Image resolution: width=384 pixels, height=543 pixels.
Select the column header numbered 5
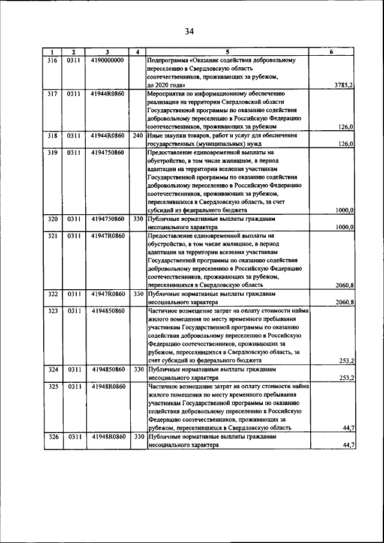click(x=227, y=52)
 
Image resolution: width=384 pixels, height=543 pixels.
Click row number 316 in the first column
click(x=52, y=60)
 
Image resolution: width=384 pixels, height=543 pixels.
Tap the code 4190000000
click(x=107, y=60)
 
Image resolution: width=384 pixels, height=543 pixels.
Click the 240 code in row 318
click(x=138, y=136)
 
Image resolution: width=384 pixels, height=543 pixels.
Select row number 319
click(x=52, y=152)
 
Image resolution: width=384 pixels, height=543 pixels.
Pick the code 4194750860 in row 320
click(x=107, y=220)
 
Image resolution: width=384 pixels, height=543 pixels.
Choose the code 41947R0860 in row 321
click(x=109, y=236)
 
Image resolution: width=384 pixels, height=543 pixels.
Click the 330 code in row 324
click(x=138, y=371)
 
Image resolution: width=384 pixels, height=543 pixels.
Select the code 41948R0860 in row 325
click(x=109, y=387)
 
